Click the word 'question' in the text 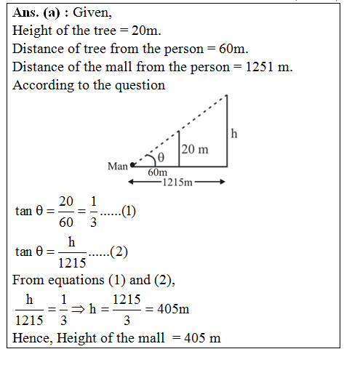click(x=143, y=84)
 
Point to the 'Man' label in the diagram click(x=118, y=167)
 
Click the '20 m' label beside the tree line click(x=194, y=150)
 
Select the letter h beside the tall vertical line click(x=233, y=133)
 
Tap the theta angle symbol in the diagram click(x=161, y=157)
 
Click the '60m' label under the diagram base click(x=157, y=172)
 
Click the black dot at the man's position click(x=132, y=166)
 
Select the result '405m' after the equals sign click(x=174, y=309)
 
